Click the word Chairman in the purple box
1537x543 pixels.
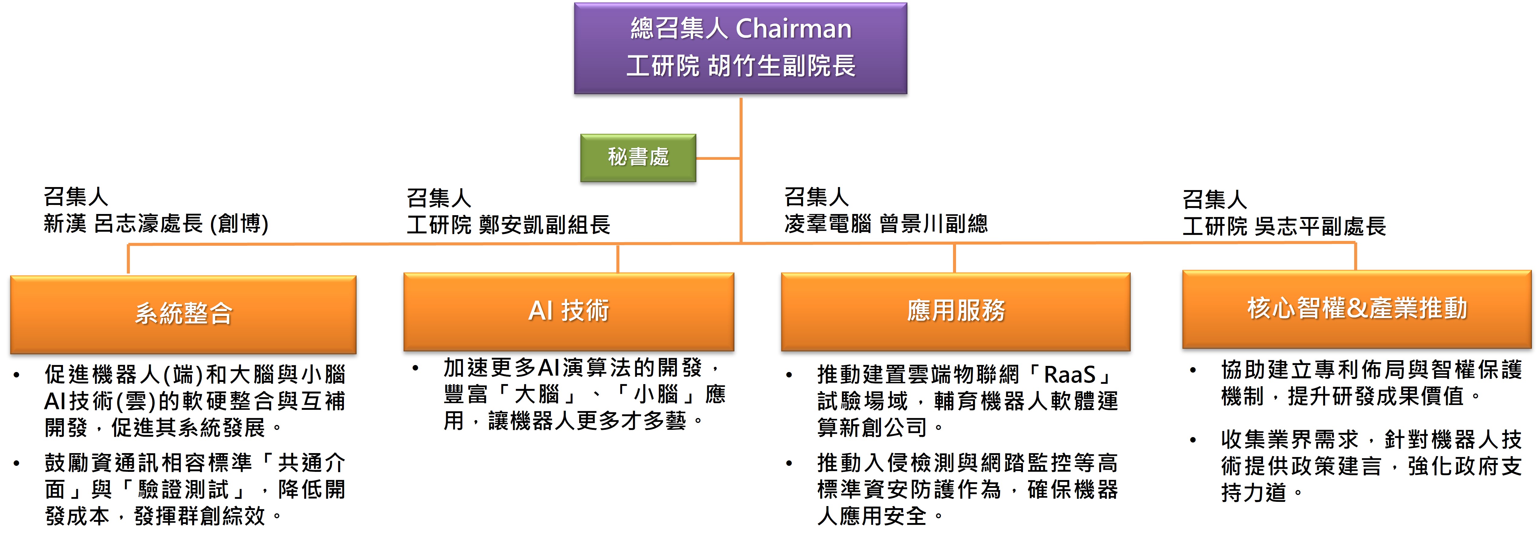(793, 29)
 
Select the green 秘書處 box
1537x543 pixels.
(638, 157)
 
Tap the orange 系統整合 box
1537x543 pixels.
(183, 314)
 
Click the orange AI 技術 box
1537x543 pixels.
(569, 311)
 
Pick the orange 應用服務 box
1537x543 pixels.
(955, 311)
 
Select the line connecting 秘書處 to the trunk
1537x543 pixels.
(718, 158)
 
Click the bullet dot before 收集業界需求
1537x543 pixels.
(1192, 440)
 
